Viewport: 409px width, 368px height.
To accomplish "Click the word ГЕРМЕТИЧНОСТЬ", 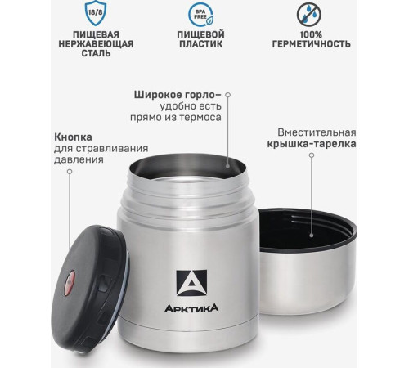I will point(313,43).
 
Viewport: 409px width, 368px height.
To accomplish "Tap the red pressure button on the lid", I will point(70,285).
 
